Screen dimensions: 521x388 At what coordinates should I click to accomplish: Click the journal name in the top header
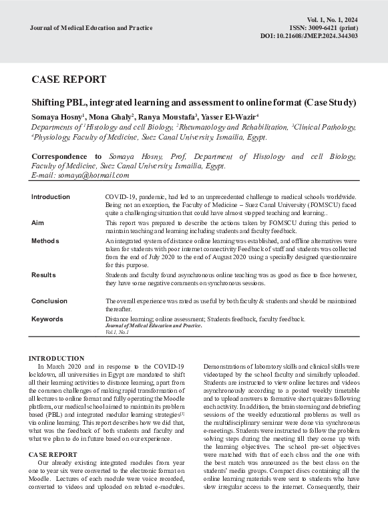(x=91, y=28)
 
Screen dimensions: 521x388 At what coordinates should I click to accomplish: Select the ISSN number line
(x=324, y=28)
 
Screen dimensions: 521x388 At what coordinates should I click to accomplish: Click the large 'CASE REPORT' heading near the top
(x=69, y=79)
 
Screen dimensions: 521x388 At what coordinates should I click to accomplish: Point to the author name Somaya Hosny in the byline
(x=56, y=117)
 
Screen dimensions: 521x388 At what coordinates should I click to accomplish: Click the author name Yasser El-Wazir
(x=231, y=117)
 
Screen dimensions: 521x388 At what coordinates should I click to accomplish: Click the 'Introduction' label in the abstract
(x=51, y=197)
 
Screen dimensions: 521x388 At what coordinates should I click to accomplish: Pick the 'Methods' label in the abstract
(x=45, y=240)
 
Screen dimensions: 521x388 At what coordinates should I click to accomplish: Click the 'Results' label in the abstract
(x=43, y=275)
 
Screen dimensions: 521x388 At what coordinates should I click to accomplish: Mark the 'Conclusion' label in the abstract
(x=49, y=301)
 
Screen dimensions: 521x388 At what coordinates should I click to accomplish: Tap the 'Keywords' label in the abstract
(x=47, y=319)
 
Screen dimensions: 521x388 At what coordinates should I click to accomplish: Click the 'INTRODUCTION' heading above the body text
(x=57, y=359)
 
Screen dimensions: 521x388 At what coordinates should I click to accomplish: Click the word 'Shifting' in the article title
(x=49, y=103)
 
